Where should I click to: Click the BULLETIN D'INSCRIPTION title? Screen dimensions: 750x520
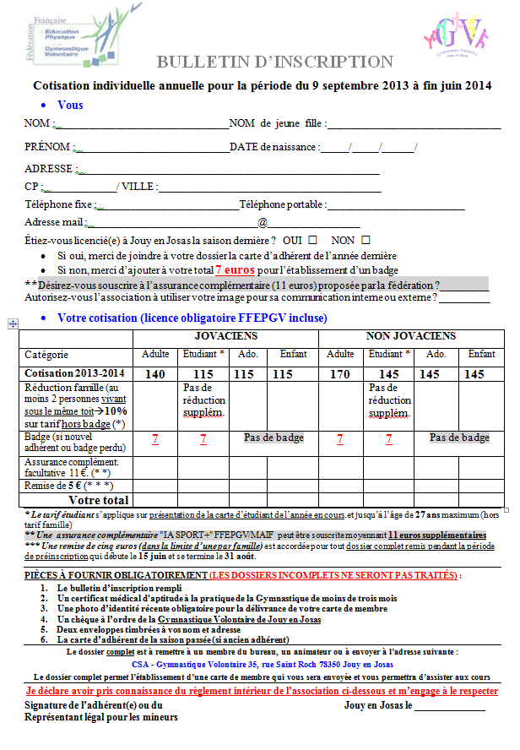pos(274,62)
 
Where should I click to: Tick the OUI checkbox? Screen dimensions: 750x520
pos(312,241)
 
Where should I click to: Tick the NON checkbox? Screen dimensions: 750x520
pos(371,241)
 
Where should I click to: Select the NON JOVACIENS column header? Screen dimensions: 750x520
pos(411,336)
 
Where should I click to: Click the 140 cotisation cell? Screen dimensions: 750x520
pos(155,373)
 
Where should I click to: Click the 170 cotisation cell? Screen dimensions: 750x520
pos(340,373)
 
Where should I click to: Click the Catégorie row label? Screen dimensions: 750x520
pos(46,355)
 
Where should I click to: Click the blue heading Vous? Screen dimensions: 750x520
pos(70,106)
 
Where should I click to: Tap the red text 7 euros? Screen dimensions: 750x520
pos(234,270)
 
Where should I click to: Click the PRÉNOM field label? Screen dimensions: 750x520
pos(48,147)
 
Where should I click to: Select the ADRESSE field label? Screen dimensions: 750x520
pos(50,168)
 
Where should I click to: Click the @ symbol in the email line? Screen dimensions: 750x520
pos(263,222)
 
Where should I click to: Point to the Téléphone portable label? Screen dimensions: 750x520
pos(282,204)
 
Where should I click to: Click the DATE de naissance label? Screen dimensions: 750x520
pos(274,147)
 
